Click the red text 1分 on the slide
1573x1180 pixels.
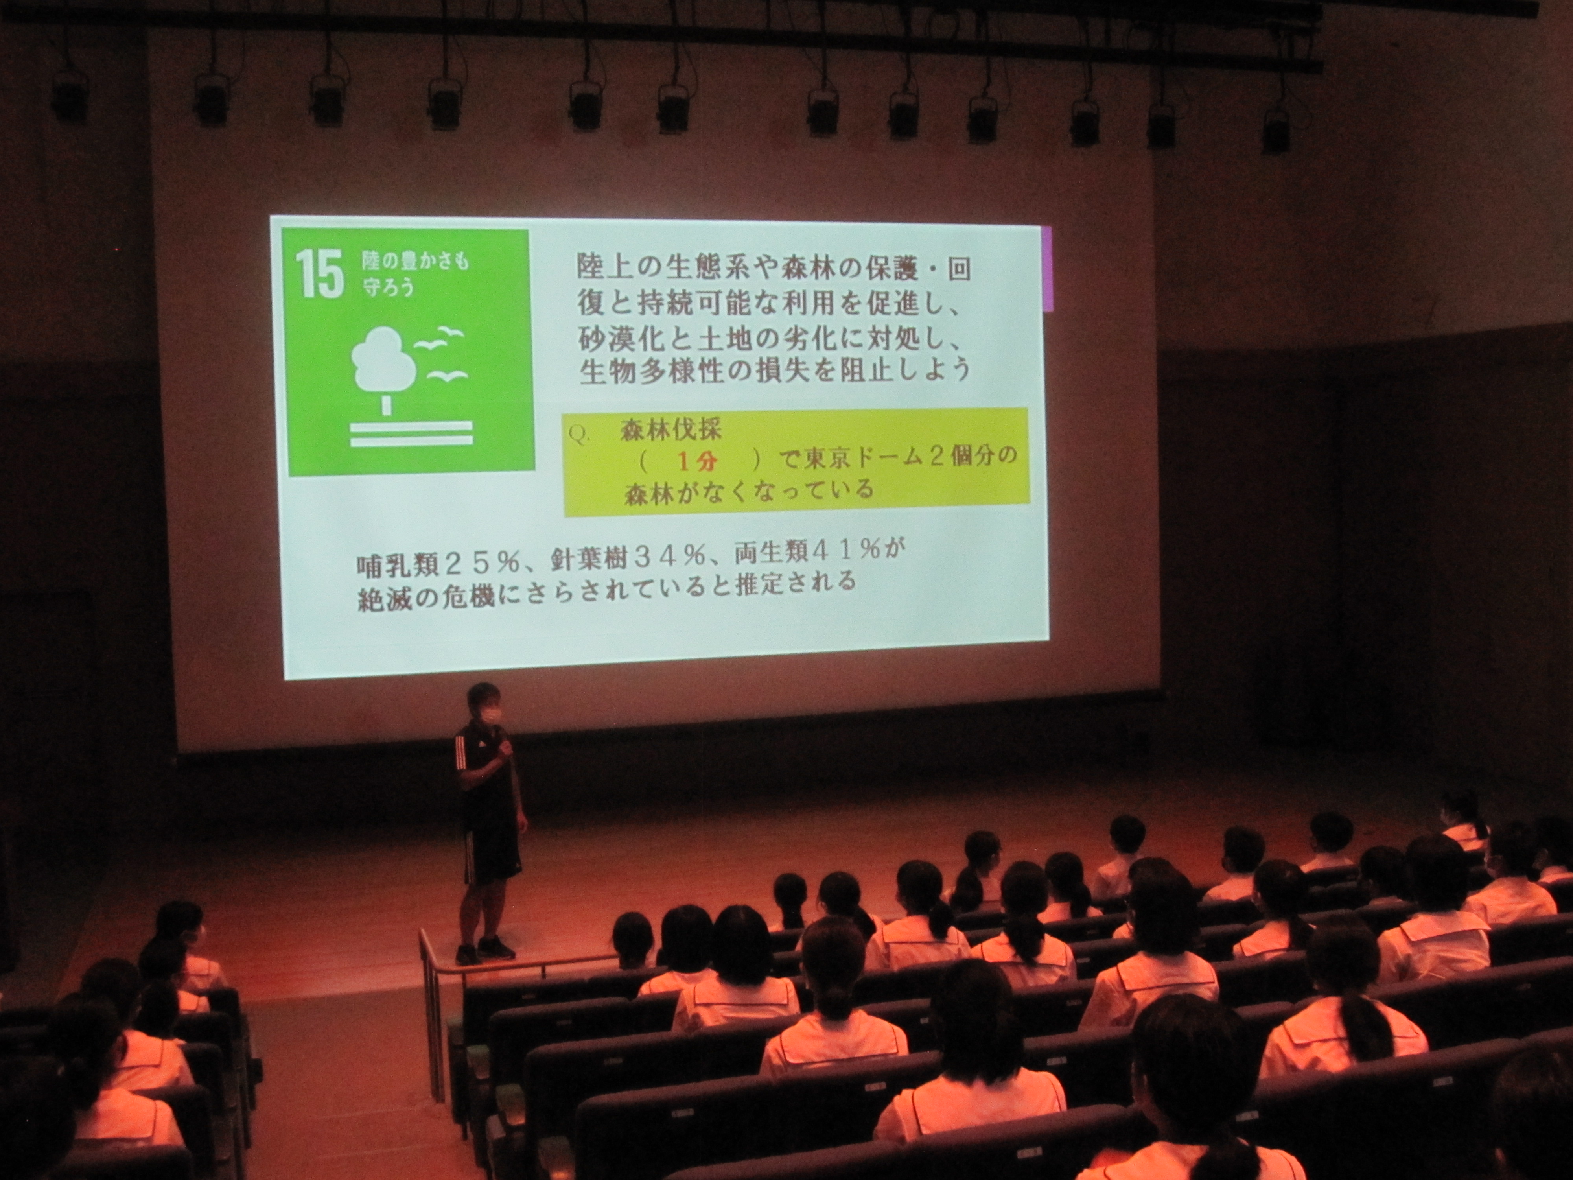[x=698, y=462]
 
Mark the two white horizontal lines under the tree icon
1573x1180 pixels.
[x=411, y=433]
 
